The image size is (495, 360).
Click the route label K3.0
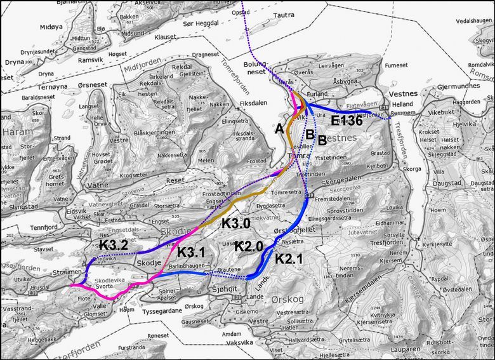[237, 223]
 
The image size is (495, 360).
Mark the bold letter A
[279, 128]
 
